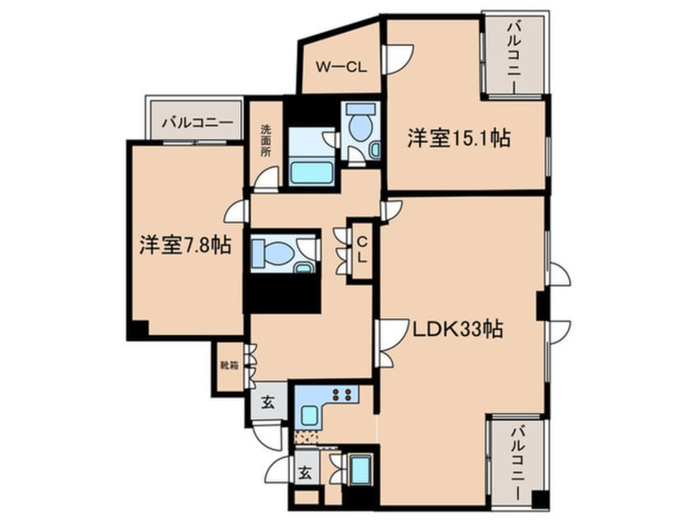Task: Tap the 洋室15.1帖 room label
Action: coord(457,138)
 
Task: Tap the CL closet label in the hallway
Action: coord(362,247)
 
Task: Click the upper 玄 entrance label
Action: coord(269,403)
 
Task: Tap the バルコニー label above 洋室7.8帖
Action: coord(196,124)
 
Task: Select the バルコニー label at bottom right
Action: coord(516,464)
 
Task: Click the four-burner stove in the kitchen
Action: coord(345,394)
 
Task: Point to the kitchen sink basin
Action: coord(311,413)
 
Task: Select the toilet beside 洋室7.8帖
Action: coord(269,253)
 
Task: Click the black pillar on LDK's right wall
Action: coord(542,305)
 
